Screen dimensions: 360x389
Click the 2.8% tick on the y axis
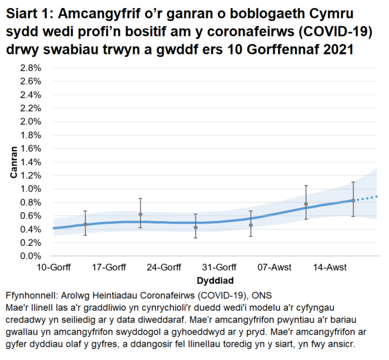(x=31, y=67)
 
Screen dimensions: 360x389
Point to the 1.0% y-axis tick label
(x=31, y=189)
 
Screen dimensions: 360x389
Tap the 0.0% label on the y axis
(x=31, y=256)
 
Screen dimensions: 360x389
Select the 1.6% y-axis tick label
(x=31, y=148)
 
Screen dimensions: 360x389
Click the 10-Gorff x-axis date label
(x=53, y=268)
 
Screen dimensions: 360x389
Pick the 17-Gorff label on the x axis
(x=109, y=268)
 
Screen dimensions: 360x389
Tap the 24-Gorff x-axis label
(x=164, y=268)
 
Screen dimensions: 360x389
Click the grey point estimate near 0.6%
(x=140, y=215)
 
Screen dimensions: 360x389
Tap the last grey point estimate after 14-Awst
(x=353, y=200)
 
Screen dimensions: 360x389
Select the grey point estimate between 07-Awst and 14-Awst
(x=306, y=204)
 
